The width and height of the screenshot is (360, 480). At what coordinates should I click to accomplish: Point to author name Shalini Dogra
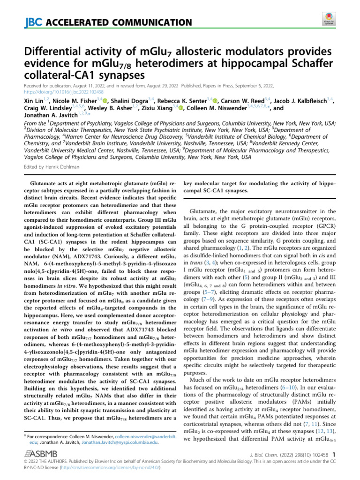pos(127,100)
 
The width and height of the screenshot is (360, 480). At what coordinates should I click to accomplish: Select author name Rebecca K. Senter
pos(184,100)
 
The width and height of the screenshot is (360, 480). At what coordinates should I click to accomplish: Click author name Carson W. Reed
pos(244,100)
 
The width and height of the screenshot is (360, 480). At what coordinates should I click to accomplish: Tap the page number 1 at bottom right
pos(334,454)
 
